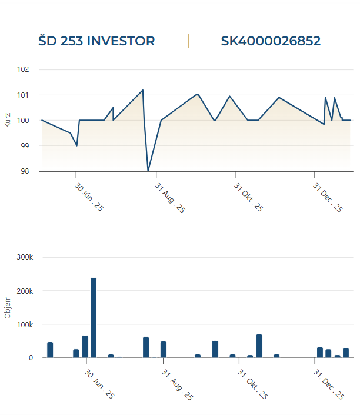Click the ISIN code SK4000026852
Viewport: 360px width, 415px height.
[271, 41]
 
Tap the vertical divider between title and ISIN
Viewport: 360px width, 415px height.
[188, 41]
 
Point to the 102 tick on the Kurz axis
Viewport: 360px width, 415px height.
[23, 69]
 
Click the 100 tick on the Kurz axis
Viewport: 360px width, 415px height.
[23, 120]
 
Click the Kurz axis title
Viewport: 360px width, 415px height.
[8, 120]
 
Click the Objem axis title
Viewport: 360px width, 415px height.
[8, 307]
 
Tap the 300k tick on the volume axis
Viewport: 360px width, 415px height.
[25, 257]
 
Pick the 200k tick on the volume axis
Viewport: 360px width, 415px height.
[25, 291]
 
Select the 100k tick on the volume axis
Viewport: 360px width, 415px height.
[25, 324]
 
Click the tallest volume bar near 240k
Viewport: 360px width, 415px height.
[94, 318]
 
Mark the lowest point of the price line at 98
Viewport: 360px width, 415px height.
[148, 170]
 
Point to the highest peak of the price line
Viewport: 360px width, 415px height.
[142, 90]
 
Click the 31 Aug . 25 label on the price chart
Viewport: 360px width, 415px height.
[170, 197]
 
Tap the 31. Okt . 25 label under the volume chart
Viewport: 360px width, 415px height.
[252, 384]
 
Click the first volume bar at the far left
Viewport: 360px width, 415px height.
[50, 350]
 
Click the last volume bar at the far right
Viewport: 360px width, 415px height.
[346, 353]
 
